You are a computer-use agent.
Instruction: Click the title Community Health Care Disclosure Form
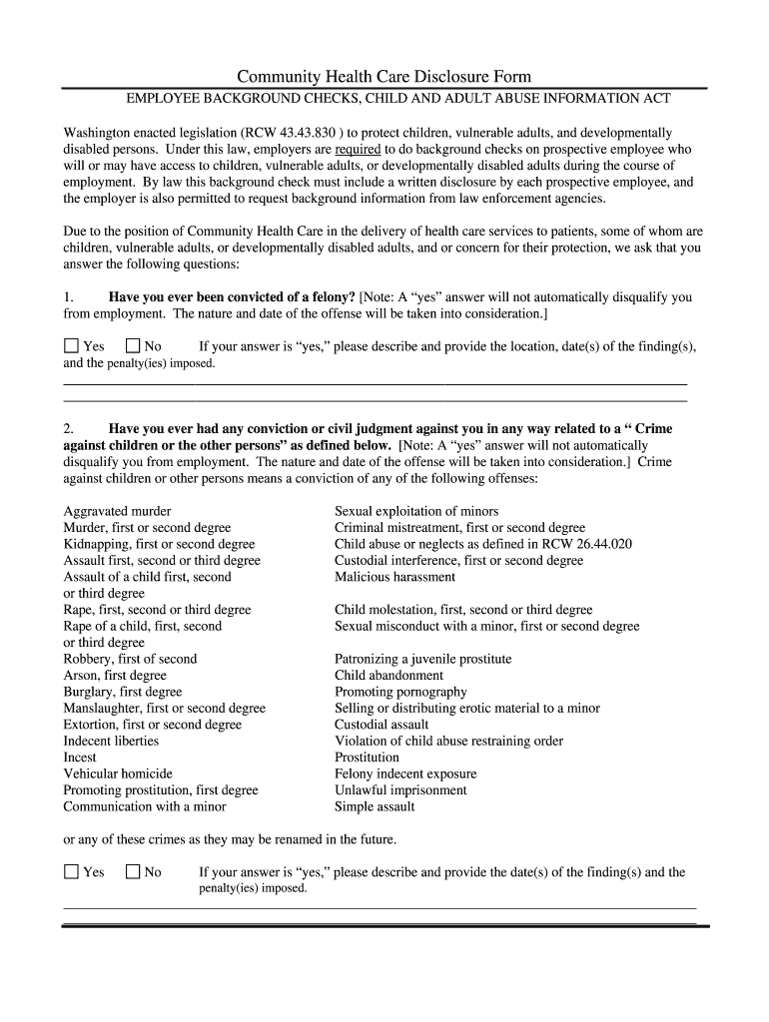tap(384, 77)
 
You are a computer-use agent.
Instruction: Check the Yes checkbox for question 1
tap(71, 346)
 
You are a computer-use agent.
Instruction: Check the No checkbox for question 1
tap(133, 346)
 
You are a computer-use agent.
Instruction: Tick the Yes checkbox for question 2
tap(71, 871)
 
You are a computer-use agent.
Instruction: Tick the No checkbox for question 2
tap(133, 871)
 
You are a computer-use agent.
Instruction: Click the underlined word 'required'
tap(357, 149)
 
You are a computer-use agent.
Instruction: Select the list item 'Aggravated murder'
tap(117, 511)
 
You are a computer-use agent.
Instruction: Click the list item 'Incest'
tap(80, 758)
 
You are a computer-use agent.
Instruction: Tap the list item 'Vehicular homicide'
tap(118, 773)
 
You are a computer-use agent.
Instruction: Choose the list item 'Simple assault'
tap(375, 806)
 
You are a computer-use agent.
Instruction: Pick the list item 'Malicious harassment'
tap(394, 577)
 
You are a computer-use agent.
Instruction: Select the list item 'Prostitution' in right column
tap(367, 758)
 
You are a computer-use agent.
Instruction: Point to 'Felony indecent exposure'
tap(405, 773)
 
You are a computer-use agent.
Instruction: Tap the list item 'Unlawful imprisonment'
tap(400, 790)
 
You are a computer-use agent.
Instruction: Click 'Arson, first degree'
tap(115, 676)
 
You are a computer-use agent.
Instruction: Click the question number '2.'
tap(69, 429)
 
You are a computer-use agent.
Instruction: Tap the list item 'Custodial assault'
tap(382, 725)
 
